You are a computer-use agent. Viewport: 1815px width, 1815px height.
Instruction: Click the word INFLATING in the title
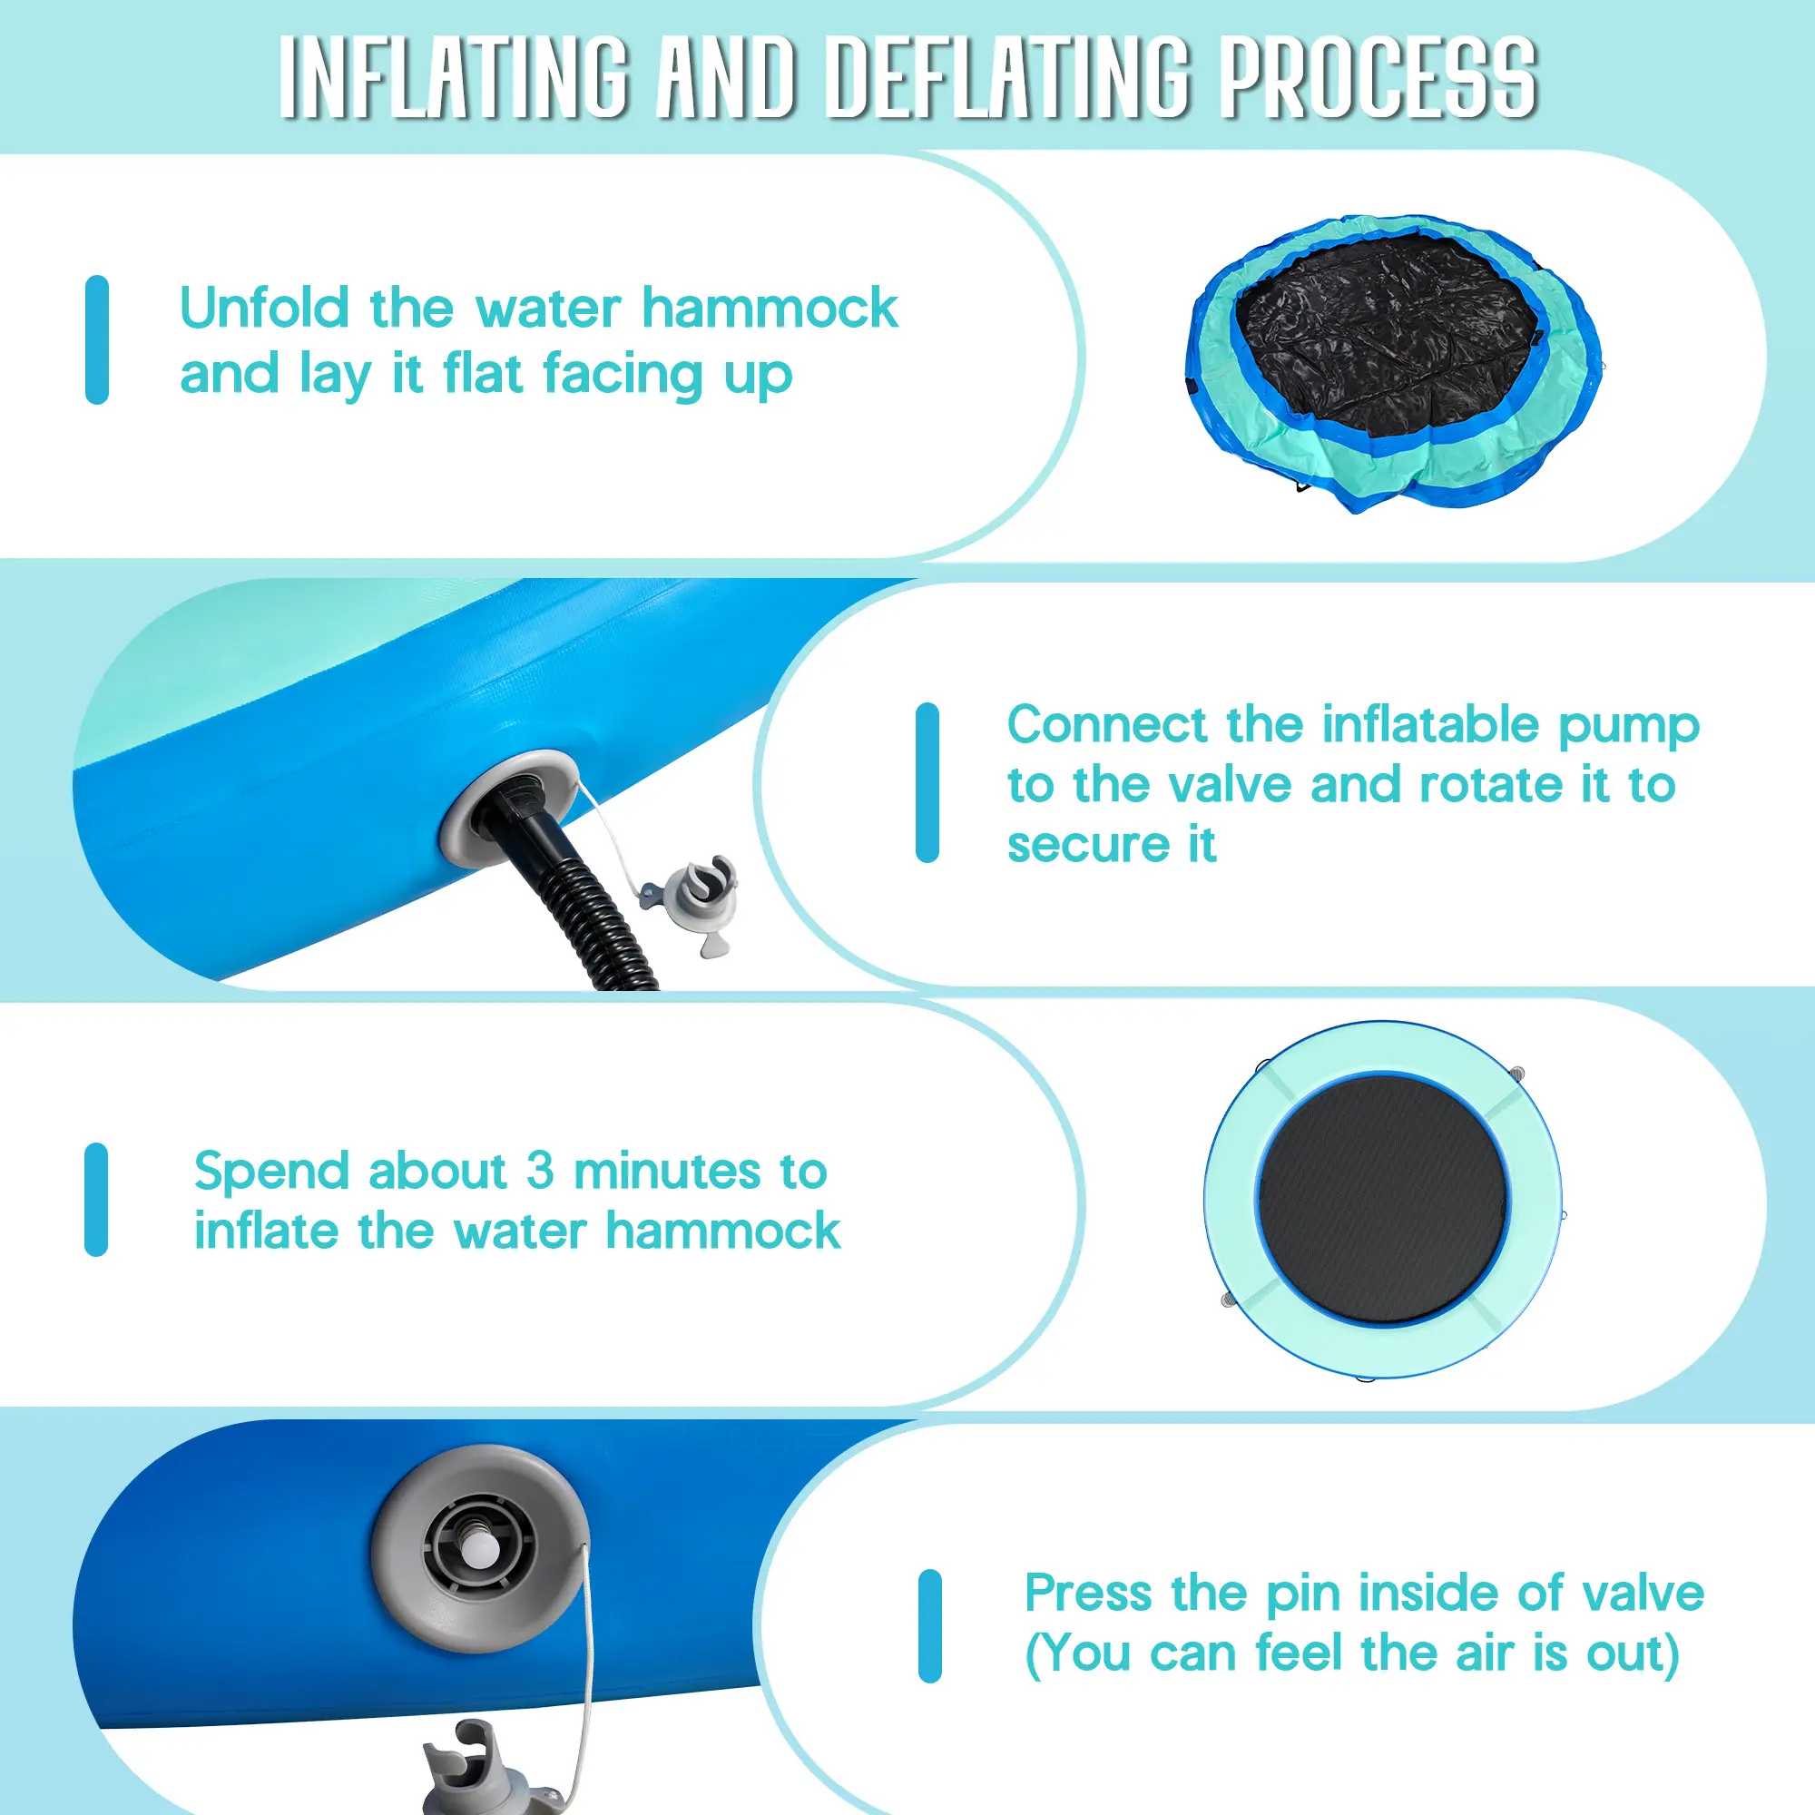point(455,78)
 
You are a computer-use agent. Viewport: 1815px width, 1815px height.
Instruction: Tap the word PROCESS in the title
point(1378,78)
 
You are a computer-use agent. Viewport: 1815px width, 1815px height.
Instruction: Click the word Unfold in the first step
point(264,308)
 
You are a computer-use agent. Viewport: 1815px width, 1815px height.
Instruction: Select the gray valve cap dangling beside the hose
point(692,903)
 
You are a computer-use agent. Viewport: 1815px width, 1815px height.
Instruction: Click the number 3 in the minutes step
point(539,1171)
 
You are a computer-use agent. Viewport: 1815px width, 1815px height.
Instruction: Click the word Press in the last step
point(1088,1594)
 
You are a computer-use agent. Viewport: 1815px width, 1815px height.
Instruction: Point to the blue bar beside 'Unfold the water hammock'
point(97,340)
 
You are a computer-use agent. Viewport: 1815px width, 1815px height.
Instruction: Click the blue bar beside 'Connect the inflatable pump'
point(927,782)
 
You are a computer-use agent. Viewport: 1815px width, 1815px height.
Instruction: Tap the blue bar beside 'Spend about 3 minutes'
point(96,1200)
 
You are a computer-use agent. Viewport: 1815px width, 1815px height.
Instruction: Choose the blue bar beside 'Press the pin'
point(930,1625)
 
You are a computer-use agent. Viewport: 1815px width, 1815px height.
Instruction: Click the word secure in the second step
point(1089,846)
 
